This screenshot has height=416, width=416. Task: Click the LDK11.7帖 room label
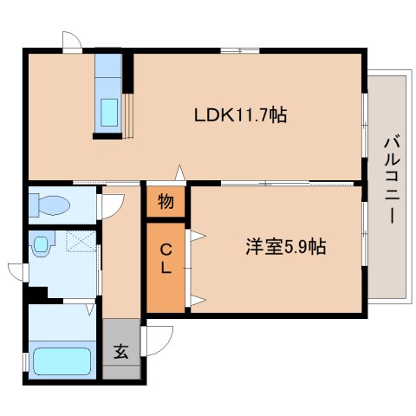(x=240, y=114)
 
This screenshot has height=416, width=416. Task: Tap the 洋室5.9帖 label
(x=283, y=247)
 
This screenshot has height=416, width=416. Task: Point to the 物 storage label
(x=165, y=203)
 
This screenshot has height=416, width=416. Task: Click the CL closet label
(x=165, y=258)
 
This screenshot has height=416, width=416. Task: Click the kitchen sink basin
(x=110, y=111)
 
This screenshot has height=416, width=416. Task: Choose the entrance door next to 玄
(x=158, y=335)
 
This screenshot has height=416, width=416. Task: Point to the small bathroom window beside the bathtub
(x=25, y=359)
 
